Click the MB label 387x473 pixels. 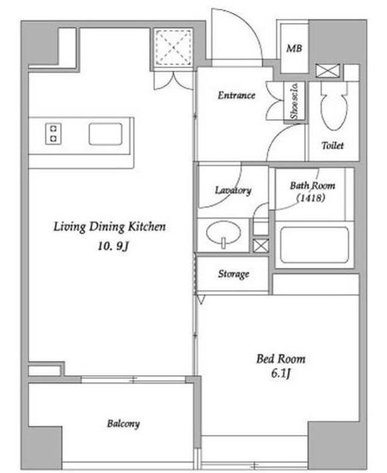click(x=294, y=48)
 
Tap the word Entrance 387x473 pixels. click(x=236, y=95)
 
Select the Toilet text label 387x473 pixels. click(x=333, y=145)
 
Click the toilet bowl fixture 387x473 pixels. click(x=334, y=106)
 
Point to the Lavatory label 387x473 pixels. click(x=233, y=190)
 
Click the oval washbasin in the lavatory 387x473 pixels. click(x=224, y=234)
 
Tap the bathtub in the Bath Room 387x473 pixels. click(x=315, y=245)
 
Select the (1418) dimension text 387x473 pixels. click(x=311, y=198)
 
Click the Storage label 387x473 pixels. click(x=233, y=275)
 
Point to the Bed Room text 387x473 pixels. click(x=281, y=359)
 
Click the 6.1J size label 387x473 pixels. click(x=280, y=374)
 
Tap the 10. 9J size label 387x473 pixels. click(x=113, y=246)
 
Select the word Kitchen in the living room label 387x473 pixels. click(x=147, y=227)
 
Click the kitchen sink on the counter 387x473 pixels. click(x=105, y=134)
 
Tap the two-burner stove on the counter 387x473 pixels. click(x=54, y=134)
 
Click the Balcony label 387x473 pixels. click(x=123, y=424)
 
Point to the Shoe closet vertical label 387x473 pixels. click(x=294, y=101)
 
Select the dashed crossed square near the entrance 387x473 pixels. click(x=173, y=47)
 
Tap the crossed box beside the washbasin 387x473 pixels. click(x=260, y=246)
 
